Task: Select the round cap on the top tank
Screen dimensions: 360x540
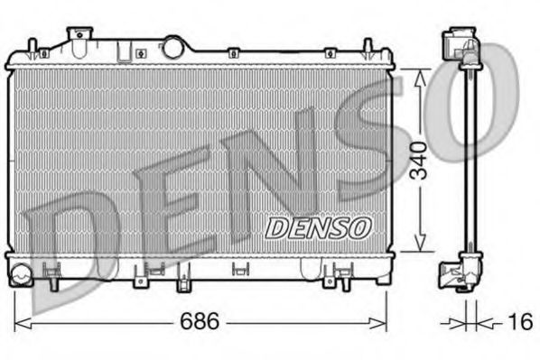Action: (173, 45)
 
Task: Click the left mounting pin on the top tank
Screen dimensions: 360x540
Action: (33, 47)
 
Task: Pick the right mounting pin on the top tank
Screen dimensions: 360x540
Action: (368, 47)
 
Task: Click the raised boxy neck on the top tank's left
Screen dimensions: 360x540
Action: (81, 38)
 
